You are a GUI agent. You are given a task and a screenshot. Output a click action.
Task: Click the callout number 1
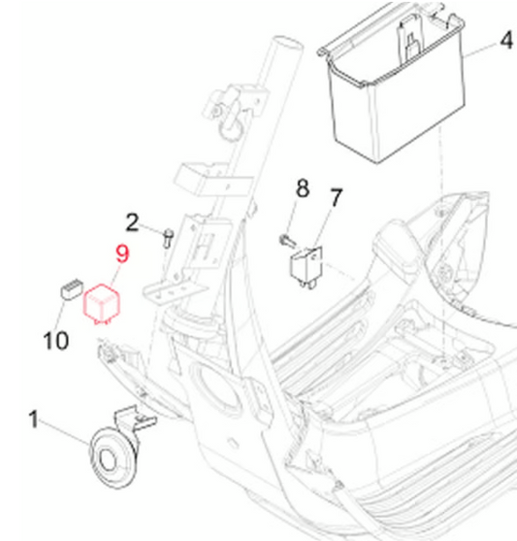[33, 419]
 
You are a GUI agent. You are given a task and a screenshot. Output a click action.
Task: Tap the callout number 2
[132, 222]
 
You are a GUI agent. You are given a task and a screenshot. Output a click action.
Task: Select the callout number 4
[506, 40]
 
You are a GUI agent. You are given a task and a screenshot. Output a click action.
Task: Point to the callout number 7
[336, 197]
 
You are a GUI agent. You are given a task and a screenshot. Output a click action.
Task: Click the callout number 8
[303, 188]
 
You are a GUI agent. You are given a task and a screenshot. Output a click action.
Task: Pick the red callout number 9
[122, 254]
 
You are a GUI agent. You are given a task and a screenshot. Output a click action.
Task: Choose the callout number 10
[56, 341]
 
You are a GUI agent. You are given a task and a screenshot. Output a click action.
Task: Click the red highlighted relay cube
[102, 304]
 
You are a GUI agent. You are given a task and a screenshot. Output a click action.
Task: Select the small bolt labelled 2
[168, 238]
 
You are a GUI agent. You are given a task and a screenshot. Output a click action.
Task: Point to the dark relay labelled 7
[307, 267]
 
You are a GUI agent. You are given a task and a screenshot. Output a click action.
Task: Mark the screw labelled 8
[287, 241]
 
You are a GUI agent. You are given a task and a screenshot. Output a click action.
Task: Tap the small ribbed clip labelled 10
[72, 289]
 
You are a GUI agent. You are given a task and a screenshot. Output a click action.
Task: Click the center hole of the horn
[108, 460]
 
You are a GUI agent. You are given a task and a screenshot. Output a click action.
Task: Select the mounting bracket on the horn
[135, 419]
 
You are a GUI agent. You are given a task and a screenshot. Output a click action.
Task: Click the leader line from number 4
[480, 50]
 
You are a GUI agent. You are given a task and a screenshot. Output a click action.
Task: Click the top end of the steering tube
[287, 43]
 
